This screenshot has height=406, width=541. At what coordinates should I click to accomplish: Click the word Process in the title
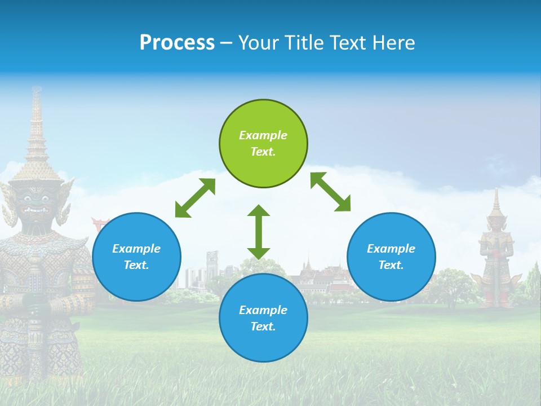(x=177, y=43)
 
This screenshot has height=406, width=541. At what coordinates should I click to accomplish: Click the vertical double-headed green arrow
(x=259, y=232)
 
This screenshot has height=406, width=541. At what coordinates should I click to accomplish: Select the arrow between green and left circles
(x=195, y=197)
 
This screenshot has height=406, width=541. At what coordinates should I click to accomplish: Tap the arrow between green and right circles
(x=330, y=192)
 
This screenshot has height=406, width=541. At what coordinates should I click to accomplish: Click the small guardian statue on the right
(x=496, y=254)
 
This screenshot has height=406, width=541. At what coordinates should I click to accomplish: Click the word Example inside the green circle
(x=263, y=135)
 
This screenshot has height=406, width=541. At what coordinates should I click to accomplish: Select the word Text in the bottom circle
(x=263, y=326)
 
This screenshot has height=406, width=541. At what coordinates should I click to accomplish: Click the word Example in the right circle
(x=391, y=249)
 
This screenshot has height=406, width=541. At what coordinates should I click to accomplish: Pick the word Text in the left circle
(x=136, y=265)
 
